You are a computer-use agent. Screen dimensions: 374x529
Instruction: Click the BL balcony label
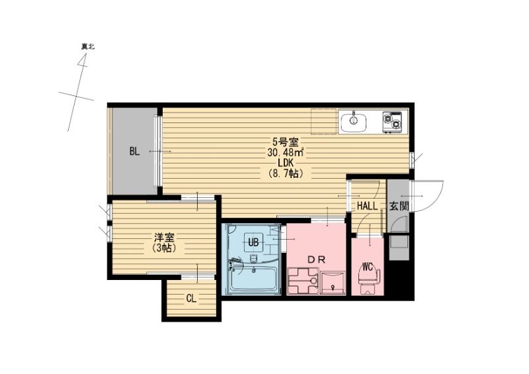[x=134, y=152]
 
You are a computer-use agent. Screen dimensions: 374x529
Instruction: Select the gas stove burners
[x=392, y=122]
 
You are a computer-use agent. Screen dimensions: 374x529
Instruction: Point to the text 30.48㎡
[x=286, y=152]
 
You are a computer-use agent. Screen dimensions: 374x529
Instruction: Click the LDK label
[x=286, y=163]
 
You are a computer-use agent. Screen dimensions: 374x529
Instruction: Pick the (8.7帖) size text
[x=286, y=174]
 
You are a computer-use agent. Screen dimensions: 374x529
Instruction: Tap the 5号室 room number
[x=286, y=141]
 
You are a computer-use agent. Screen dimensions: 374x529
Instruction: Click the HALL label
[x=367, y=206]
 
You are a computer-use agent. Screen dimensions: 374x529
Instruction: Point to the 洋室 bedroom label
[x=164, y=236]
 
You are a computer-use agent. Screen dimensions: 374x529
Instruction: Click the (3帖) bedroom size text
[x=164, y=248]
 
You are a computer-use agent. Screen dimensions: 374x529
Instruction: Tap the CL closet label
[x=190, y=299]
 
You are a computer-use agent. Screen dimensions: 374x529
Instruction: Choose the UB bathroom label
[x=253, y=242]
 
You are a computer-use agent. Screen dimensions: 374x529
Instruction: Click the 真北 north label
[x=88, y=47]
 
